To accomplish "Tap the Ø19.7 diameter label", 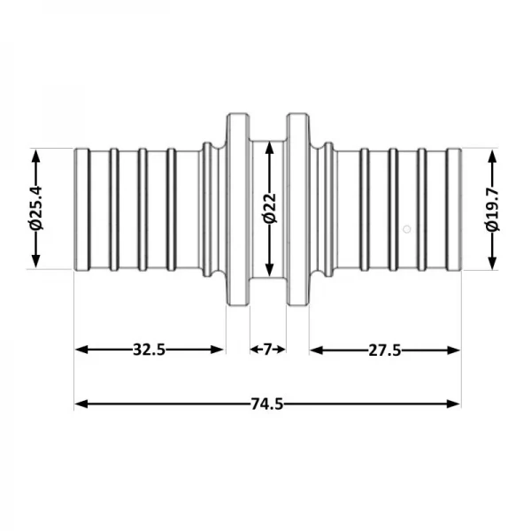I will pyautogui.click(x=493, y=209).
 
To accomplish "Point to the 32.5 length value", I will pyautogui.click(x=150, y=350).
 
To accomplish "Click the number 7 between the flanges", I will pyautogui.click(x=267, y=350).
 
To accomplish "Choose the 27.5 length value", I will pyautogui.click(x=385, y=350).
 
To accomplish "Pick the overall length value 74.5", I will pyautogui.click(x=266, y=404).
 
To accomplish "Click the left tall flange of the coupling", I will pyautogui.click(x=237, y=209).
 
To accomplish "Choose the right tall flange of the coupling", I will pyautogui.click(x=296, y=209).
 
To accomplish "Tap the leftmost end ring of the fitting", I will pyautogui.click(x=81, y=209).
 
